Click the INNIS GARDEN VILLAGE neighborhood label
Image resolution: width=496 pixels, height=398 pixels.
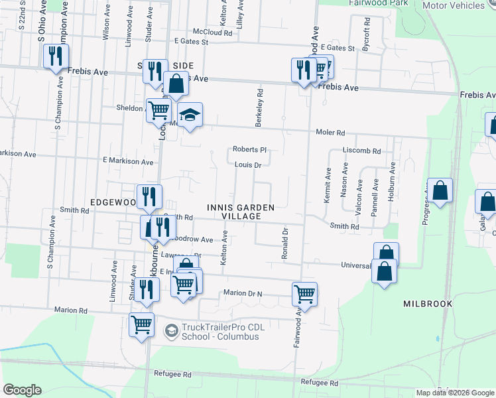click(x=239, y=212)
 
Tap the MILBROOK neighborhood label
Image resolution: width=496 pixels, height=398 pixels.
click(x=428, y=303)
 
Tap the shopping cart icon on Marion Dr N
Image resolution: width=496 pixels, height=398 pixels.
click(x=304, y=293)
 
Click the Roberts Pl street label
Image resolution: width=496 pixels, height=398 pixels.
click(x=249, y=150)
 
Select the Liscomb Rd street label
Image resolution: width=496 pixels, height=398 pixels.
click(x=362, y=151)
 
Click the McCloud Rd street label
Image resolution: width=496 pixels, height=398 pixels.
click(x=212, y=32)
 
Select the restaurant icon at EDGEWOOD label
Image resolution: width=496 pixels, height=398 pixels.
click(x=150, y=196)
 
